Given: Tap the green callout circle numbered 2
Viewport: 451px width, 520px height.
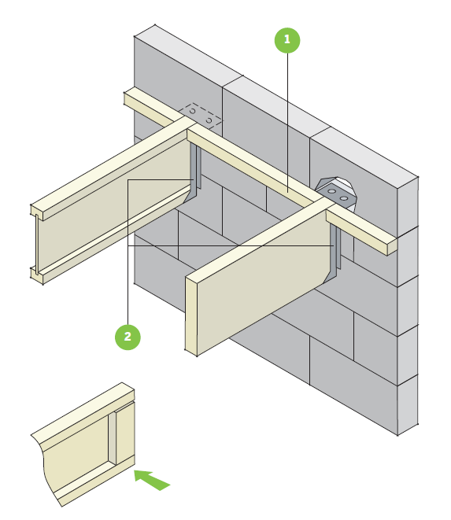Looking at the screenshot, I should [x=128, y=337].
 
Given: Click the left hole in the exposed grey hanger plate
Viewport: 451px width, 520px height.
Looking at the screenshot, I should [x=331, y=191].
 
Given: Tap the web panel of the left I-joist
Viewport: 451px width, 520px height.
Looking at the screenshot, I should [x=110, y=212].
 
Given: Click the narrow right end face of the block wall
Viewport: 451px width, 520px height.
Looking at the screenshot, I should [x=406, y=307].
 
